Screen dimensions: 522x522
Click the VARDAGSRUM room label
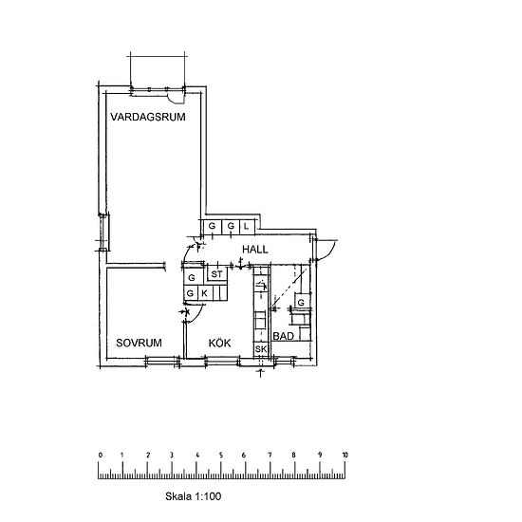click(148, 117)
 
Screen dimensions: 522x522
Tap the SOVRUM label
click(139, 343)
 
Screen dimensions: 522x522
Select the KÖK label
click(220, 343)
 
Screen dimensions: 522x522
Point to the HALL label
click(255, 250)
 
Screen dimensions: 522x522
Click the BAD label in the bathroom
click(284, 336)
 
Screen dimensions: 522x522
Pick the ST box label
click(216, 274)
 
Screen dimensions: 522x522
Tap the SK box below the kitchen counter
click(261, 349)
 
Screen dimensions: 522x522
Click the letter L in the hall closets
click(246, 227)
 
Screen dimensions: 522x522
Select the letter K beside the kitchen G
click(204, 293)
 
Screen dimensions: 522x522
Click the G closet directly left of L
click(231, 226)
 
